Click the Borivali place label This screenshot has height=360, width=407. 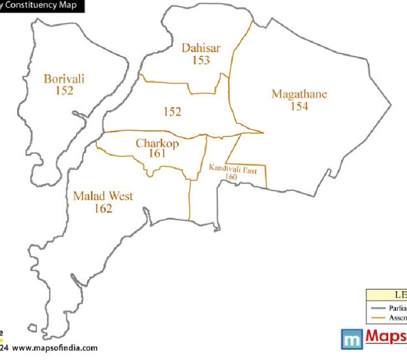point(64,79)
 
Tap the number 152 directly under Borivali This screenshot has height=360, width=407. point(64,91)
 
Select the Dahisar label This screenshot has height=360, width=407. point(201,48)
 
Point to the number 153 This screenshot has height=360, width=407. point(201,60)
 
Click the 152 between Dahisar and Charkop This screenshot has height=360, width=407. point(173,112)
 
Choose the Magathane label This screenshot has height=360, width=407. point(299,94)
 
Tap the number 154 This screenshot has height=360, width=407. point(299,107)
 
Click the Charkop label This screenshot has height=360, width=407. point(158,144)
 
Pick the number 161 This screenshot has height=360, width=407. point(158,154)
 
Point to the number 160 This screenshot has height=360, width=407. point(232,177)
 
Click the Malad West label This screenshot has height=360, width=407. point(103,196)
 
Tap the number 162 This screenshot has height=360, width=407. point(103,209)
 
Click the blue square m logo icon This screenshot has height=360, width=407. point(351,338)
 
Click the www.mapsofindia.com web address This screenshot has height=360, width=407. point(55,348)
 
